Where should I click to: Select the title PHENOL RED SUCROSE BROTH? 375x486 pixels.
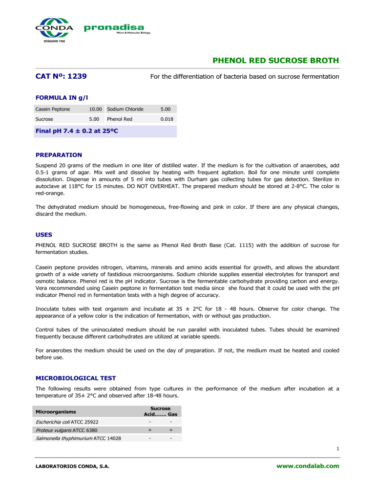[x=276, y=61]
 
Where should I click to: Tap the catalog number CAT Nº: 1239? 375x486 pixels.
[x=62, y=76]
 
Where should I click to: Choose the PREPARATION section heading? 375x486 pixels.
[x=59, y=155]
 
